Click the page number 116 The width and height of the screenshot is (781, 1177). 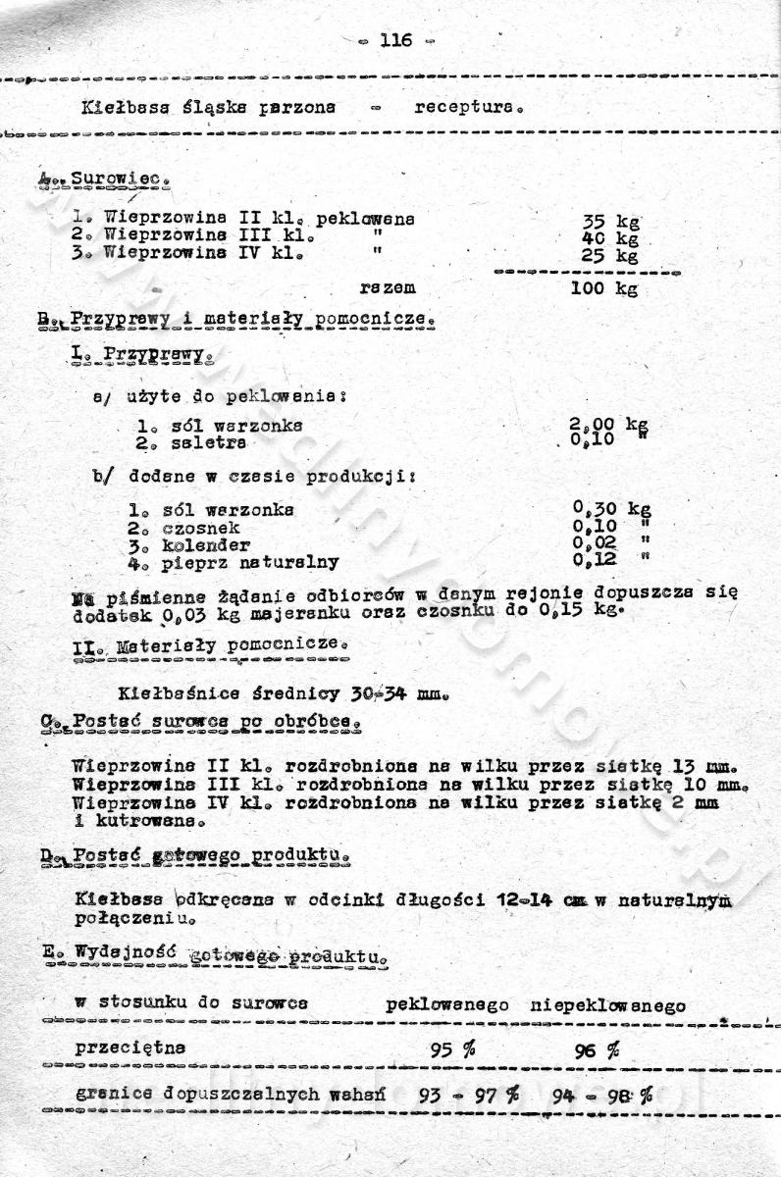click(395, 40)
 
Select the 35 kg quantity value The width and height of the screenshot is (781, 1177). click(609, 223)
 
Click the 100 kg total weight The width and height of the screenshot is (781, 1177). click(603, 288)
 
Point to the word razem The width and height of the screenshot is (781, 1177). click(387, 288)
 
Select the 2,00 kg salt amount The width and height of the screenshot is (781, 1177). click(608, 426)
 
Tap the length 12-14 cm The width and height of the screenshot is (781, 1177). click(530, 897)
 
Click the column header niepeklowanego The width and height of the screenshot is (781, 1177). click(607, 1005)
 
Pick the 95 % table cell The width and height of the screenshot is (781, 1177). click(452, 1049)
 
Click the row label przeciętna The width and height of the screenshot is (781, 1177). click(130, 1049)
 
